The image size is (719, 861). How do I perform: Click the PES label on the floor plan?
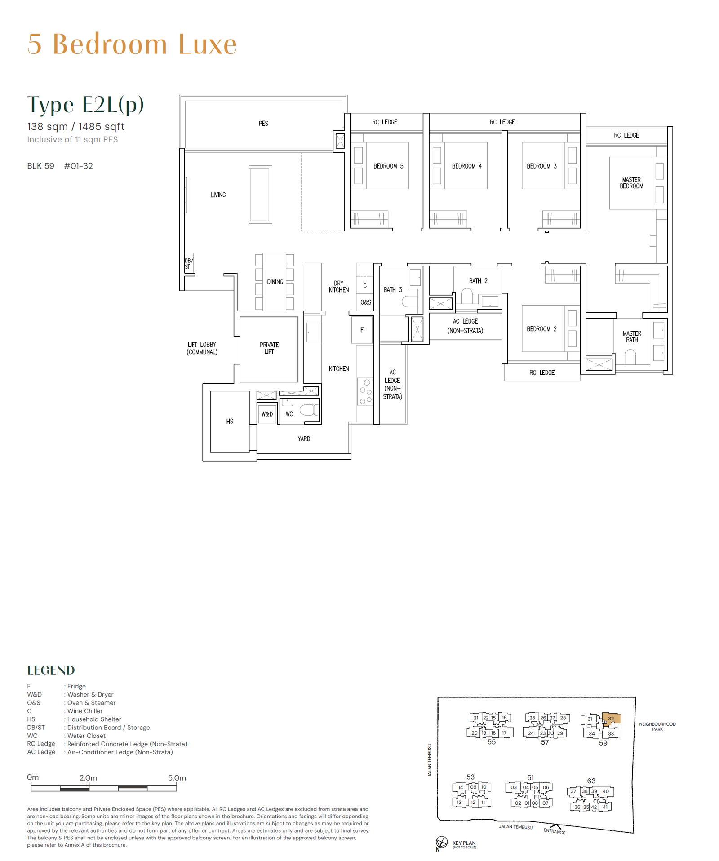tap(263, 124)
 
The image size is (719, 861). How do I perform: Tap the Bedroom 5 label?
tap(388, 166)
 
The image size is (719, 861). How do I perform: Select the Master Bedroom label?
tap(631, 183)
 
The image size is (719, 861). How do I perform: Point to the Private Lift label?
tap(269, 348)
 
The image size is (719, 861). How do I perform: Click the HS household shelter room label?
tap(230, 422)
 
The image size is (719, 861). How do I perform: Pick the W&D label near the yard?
tap(267, 414)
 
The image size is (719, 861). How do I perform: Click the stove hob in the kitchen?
tap(365, 392)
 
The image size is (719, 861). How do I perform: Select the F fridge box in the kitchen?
tap(362, 330)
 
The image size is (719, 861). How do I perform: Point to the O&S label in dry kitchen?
tap(366, 302)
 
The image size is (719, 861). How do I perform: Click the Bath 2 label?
tap(478, 281)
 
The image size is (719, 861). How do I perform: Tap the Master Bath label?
tap(632, 337)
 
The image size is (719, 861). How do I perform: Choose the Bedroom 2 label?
tap(541, 329)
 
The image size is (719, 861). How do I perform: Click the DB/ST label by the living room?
tap(188, 264)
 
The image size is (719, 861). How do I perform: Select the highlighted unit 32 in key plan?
tap(611, 719)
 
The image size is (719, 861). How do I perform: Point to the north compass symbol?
tap(441, 843)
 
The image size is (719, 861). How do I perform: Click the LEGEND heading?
tap(51, 670)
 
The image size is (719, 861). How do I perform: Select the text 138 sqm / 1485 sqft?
tap(76, 127)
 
